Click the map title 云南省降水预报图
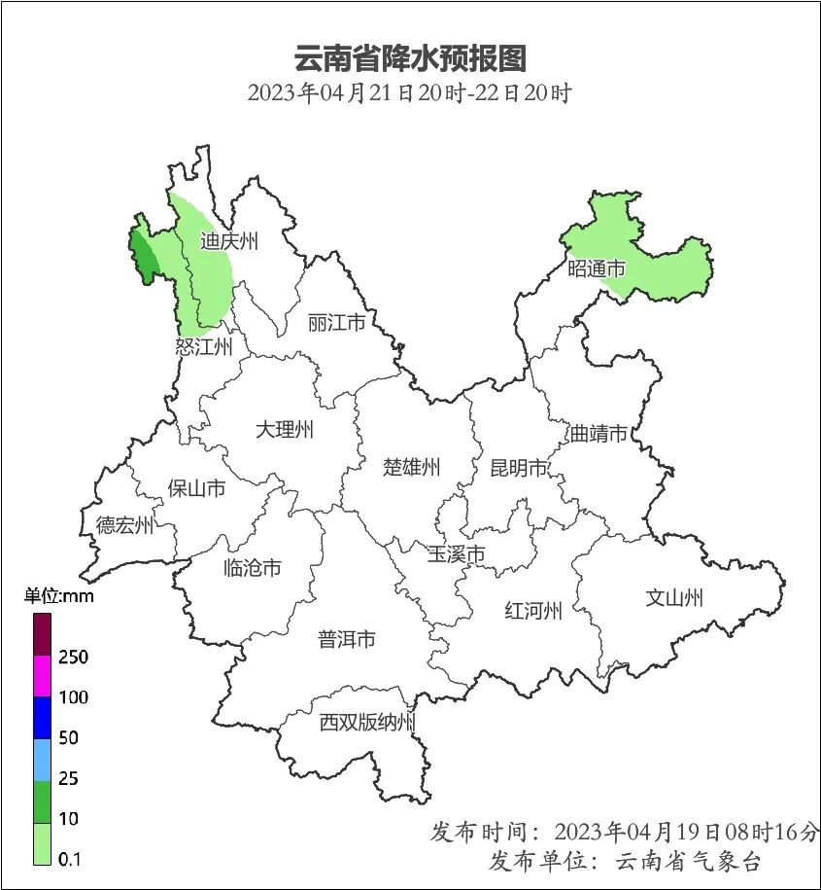(x=409, y=58)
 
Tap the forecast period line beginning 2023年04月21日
(x=409, y=94)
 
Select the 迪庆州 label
(x=229, y=242)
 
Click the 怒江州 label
(x=204, y=347)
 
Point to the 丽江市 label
(x=336, y=322)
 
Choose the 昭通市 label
(x=597, y=269)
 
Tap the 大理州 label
(x=285, y=429)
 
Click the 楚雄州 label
(x=411, y=467)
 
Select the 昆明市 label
(x=519, y=468)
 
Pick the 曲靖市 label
(x=599, y=434)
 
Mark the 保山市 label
(x=196, y=487)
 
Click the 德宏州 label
(x=124, y=526)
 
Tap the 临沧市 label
(x=253, y=567)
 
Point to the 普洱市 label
(x=347, y=639)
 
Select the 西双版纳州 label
(x=368, y=723)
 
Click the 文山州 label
(x=674, y=597)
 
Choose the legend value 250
(x=73, y=658)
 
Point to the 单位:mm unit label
(x=59, y=596)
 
